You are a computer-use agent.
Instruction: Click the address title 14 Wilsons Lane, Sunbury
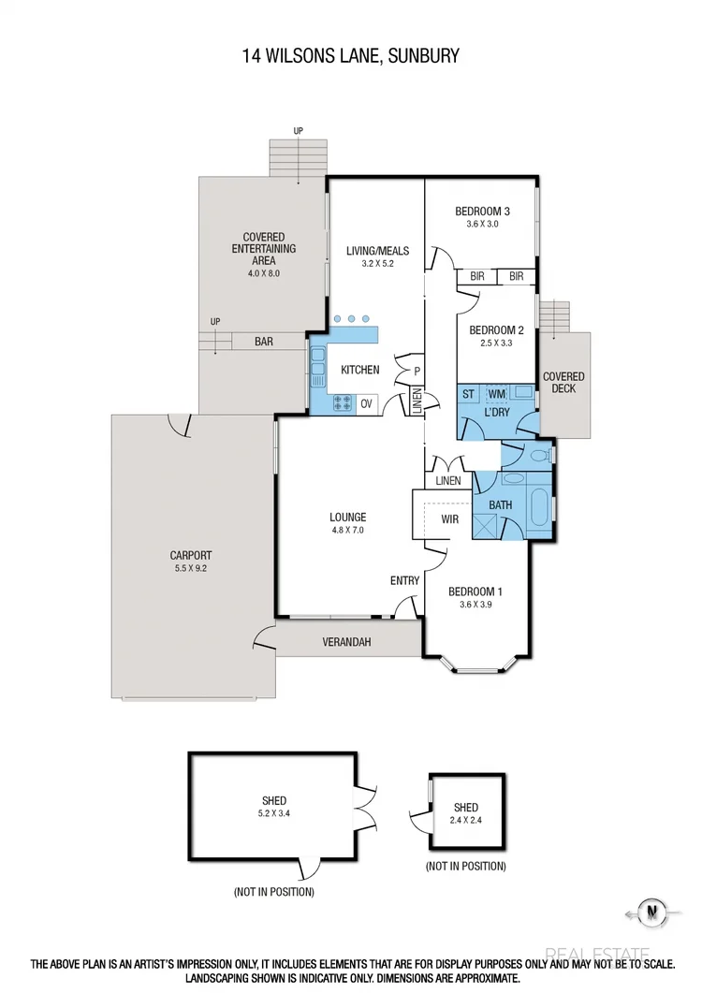click(x=351, y=56)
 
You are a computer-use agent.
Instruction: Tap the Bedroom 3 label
click(x=483, y=211)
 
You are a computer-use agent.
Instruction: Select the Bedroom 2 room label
click(x=496, y=330)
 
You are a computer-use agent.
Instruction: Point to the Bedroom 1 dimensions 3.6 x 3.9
click(x=475, y=605)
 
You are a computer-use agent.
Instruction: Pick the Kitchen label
click(x=360, y=370)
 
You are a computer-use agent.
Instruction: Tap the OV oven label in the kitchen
click(x=366, y=404)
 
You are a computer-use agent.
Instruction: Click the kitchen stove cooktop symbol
click(x=343, y=404)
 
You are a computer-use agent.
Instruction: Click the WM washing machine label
click(x=496, y=394)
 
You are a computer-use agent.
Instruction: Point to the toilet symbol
click(x=541, y=457)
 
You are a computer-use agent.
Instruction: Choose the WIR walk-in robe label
click(x=449, y=518)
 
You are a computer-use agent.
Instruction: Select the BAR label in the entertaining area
click(x=264, y=343)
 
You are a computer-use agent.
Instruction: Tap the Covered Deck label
click(x=563, y=383)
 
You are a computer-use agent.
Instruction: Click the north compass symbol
click(x=650, y=911)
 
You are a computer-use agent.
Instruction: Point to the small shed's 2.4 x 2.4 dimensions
click(x=465, y=821)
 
